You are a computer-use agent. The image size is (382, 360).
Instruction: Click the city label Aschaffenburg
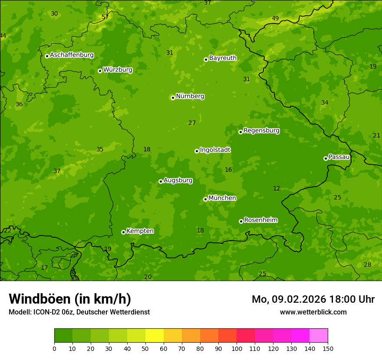pos(72,55)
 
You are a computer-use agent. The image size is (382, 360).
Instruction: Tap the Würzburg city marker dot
pos(100,71)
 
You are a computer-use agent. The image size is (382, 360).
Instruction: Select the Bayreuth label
pos(223,58)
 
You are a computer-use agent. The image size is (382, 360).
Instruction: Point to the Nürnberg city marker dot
pos(173,98)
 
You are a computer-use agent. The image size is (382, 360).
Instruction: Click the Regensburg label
pos(261,131)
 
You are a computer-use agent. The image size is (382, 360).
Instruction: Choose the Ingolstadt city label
pos(215,150)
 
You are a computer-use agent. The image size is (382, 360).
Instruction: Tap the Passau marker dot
pos(326,158)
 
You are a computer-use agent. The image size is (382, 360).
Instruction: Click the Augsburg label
pos(178,180)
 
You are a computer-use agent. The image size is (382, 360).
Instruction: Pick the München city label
pos(222,198)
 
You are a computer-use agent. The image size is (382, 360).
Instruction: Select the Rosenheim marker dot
pos(241,221)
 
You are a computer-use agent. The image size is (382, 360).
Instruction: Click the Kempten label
pos(140,231)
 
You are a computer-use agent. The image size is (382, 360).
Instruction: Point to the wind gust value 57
pos(105,17)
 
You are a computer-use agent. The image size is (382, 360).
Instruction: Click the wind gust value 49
pos(275,18)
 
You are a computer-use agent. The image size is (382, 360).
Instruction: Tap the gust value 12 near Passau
pos(277,188)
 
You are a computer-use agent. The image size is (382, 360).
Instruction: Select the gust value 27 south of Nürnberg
pos(192,123)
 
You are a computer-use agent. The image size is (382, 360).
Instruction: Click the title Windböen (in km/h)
pos(70,299)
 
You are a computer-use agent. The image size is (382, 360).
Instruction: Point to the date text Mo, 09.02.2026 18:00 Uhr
pos(313,299)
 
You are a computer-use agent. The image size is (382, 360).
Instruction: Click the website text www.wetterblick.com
pos(313,312)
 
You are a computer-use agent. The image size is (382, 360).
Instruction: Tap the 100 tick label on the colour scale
pos(237,348)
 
